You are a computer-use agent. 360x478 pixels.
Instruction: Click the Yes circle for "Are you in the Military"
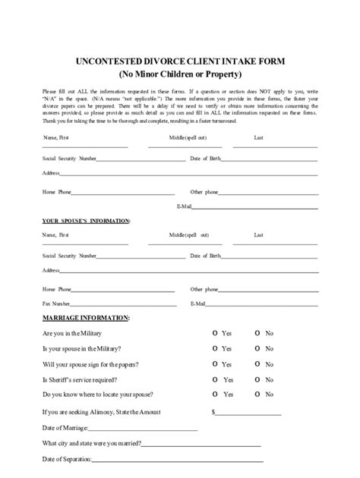point(215,333)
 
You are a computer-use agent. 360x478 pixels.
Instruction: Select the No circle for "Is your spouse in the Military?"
point(258,348)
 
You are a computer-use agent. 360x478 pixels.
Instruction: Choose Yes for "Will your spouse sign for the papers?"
point(215,363)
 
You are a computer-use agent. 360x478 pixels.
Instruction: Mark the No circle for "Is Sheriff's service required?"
point(258,379)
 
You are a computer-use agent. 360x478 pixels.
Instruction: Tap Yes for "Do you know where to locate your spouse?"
point(215,395)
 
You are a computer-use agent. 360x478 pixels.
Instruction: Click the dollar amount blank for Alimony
point(248,414)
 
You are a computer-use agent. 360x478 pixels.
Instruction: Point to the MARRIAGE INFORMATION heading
point(85,317)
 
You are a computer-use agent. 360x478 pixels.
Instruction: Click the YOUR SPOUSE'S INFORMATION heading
point(85,221)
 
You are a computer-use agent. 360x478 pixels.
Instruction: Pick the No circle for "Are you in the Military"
point(258,333)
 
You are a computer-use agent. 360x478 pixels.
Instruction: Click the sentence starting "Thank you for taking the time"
point(141,121)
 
